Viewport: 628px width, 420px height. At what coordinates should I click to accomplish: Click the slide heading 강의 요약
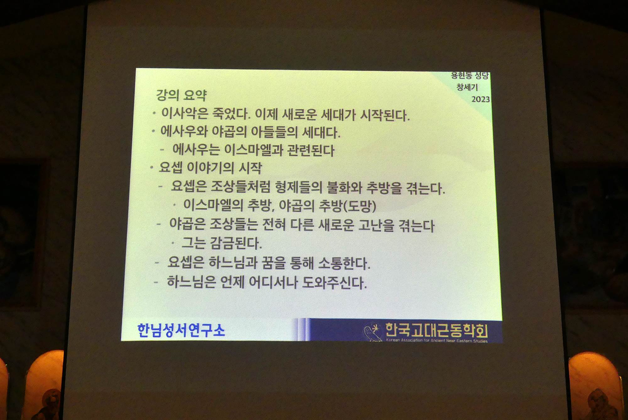click(181, 95)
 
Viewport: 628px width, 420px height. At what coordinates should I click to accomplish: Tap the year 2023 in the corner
click(480, 99)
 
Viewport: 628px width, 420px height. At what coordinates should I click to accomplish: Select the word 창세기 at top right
click(467, 87)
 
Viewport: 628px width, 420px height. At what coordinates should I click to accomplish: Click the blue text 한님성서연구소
click(181, 330)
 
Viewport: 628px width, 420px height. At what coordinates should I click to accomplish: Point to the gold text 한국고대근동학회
click(436, 330)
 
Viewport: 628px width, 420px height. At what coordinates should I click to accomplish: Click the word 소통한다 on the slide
click(344, 263)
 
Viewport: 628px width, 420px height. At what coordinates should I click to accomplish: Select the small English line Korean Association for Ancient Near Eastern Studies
click(437, 341)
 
